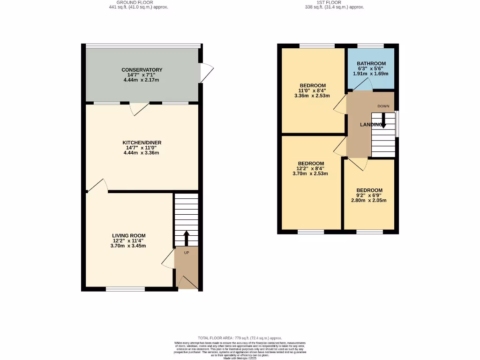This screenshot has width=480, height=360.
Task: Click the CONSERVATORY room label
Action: click(x=142, y=70)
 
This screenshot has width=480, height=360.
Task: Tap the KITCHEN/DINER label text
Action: click(x=142, y=142)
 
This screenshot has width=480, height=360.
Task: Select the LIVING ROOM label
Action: click(x=128, y=236)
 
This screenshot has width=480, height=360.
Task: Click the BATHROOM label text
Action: click(x=371, y=64)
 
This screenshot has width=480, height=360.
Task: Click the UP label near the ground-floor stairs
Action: click(x=186, y=253)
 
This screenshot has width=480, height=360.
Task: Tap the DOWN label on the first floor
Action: click(x=383, y=106)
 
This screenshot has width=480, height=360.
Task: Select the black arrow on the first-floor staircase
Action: click(x=383, y=122)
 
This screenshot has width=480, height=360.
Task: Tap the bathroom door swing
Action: click(x=362, y=85)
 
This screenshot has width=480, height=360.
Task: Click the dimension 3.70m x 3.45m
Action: click(x=128, y=246)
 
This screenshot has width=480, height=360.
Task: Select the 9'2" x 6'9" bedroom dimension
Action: click(x=369, y=195)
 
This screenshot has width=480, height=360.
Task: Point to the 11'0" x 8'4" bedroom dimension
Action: click(x=312, y=91)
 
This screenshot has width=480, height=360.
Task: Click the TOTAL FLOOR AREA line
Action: click(x=240, y=338)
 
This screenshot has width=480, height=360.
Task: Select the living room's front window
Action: click(x=125, y=289)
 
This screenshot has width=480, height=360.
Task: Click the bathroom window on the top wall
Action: click(x=370, y=45)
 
